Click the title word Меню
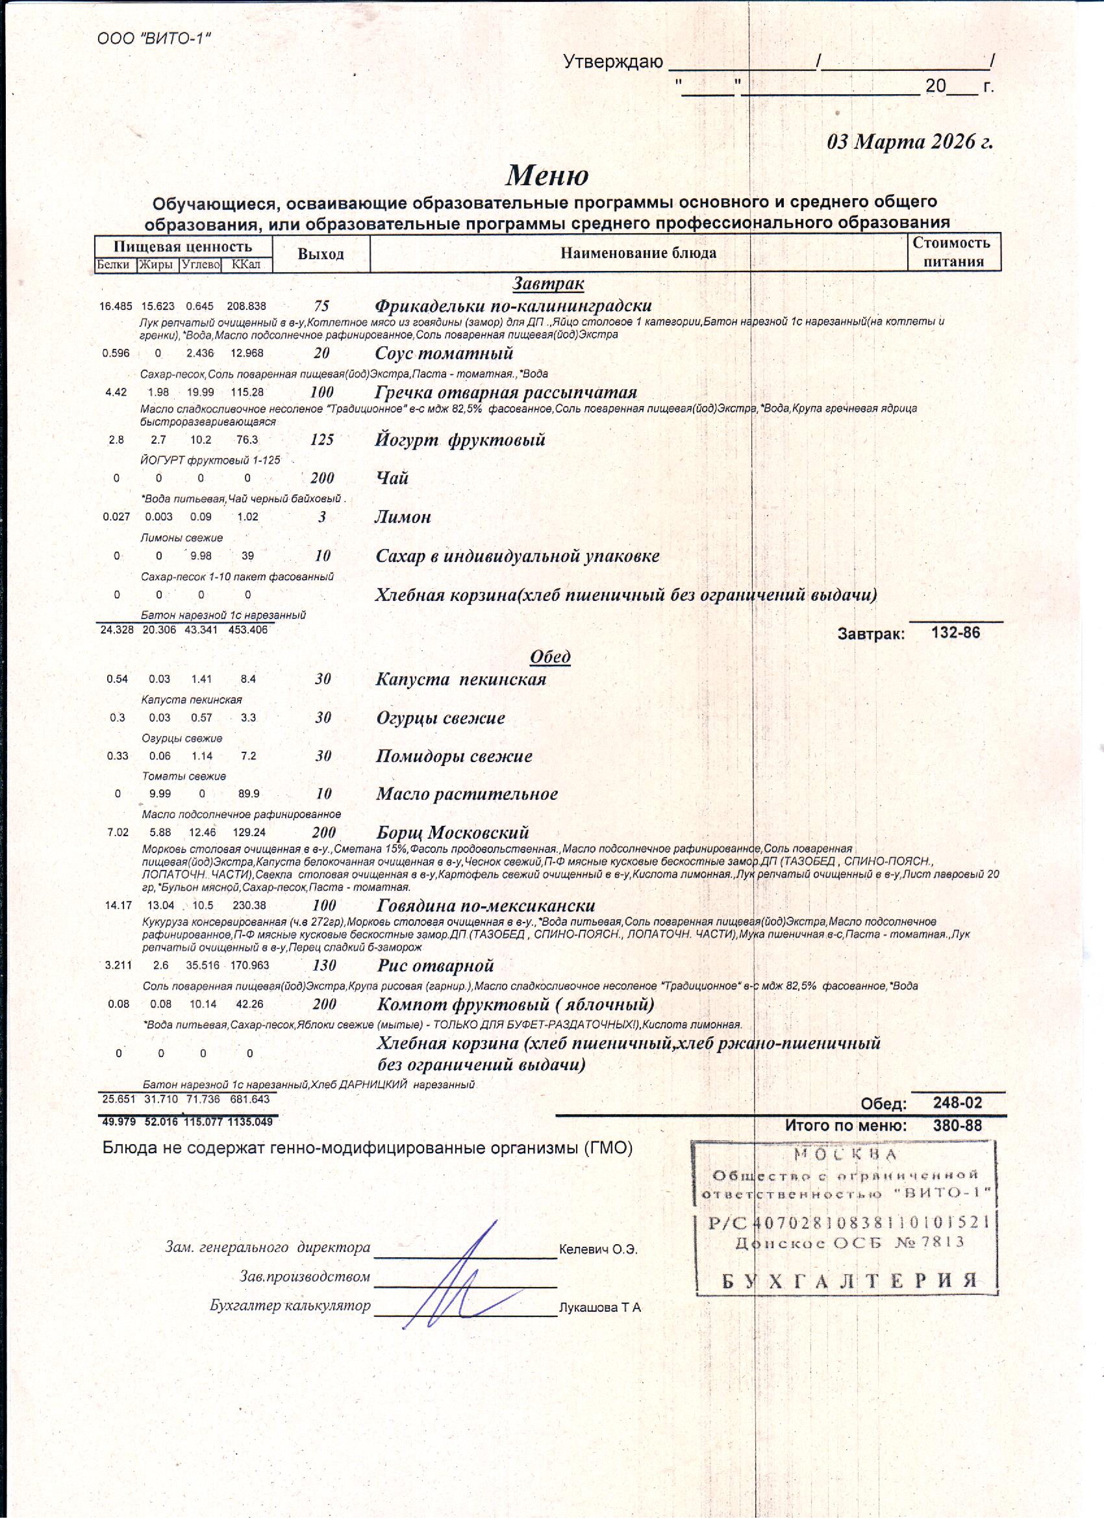(547, 175)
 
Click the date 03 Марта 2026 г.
(910, 142)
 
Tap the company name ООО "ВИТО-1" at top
(154, 38)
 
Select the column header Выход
(321, 255)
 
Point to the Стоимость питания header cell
(953, 252)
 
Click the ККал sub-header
(246, 265)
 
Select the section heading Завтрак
(548, 284)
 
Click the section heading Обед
(549, 656)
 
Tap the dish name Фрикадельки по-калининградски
(513, 306)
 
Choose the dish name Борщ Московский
(453, 832)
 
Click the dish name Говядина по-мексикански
(486, 906)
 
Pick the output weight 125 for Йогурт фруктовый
(322, 440)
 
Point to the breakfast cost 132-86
(955, 633)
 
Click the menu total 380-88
(957, 1126)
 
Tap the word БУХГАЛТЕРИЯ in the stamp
(849, 1281)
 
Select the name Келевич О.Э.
(598, 1250)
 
